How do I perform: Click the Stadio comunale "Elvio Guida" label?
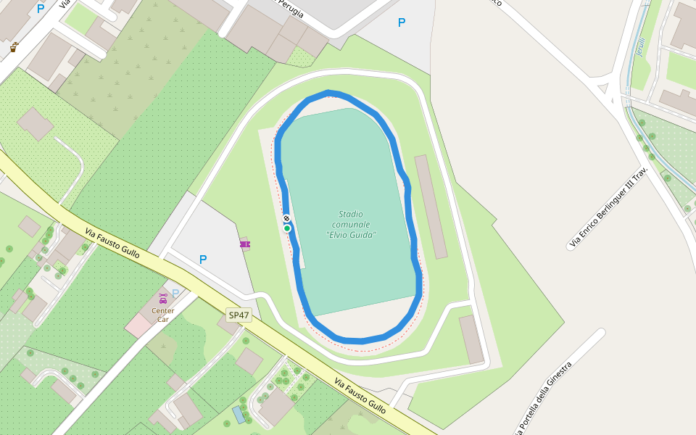coord(351,224)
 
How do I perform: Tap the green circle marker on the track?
coord(287,228)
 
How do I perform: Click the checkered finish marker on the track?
coord(286,218)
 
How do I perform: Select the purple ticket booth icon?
coord(246,244)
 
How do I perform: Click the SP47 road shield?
coord(239,315)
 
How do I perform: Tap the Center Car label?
coord(162,315)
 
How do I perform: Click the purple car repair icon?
coord(162,298)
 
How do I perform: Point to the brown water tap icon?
coord(14,47)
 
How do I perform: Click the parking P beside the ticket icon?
coord(203,260)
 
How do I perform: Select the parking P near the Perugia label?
coord(402,22)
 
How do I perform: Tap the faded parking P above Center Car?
coord(175,293)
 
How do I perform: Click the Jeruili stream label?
coord(639,46)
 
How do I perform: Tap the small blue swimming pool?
coord(239,415)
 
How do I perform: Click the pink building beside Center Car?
coord(137,326)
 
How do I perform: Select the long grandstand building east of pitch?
coord(431,207)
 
